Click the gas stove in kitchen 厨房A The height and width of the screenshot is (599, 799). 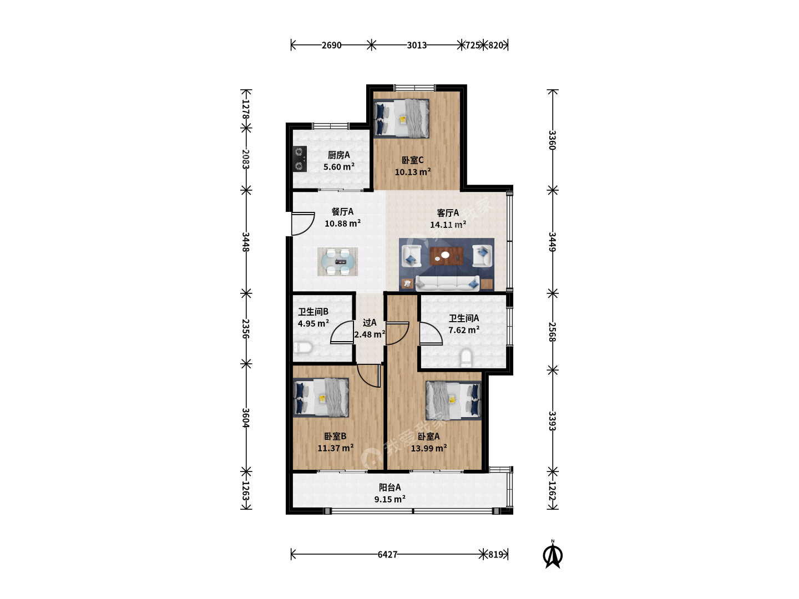click(x=300, y=159)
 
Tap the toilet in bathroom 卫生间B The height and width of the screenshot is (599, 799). click(x=302, y=347)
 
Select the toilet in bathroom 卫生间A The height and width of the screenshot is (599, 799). click(x=466, y=358)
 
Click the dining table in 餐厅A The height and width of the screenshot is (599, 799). click(x=337, y=261)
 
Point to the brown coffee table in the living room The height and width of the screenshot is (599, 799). click(x=446, y=256)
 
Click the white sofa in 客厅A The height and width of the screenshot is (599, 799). click(x=447, y=283)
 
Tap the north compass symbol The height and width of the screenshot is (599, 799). click(x=553, y=554)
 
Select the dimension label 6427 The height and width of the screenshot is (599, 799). click(x=387, y=554)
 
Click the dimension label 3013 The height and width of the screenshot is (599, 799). click(x=417, y=45)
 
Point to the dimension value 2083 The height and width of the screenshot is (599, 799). click(x=246, y=159)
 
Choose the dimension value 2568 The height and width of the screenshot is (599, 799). click(x=553, y=332)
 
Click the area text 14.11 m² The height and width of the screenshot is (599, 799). click(x=448, y=225)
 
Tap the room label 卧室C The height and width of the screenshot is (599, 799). click(x=412, y=160)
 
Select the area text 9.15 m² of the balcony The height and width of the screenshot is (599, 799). click(x=390, y=499)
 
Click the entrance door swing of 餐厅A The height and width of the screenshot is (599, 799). click(x=302, y=224)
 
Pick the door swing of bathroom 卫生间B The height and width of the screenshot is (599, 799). click(x=342, y=332)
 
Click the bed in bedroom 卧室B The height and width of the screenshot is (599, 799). click(x=321, y=398)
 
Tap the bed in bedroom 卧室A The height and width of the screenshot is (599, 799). click(x=453, y=400)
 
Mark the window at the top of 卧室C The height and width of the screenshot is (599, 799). click(x=415, y=87)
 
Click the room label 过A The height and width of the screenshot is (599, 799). click(x=370, y=323)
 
